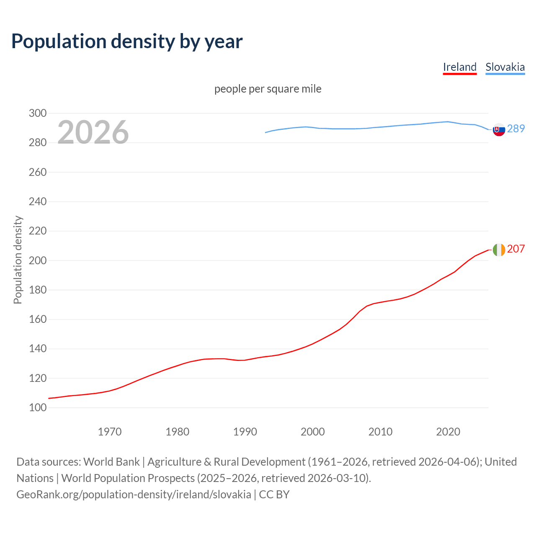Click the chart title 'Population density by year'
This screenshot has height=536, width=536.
[127, 41]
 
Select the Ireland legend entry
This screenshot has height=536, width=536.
[459, 67]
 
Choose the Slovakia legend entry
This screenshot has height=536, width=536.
[505, 67]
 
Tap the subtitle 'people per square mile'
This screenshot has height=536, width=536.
[268, 89]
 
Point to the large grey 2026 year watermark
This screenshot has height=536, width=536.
[93, 132]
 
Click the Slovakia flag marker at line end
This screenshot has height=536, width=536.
[499, 130]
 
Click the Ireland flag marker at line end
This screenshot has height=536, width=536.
[499, 250]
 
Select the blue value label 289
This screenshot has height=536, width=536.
[515, 129]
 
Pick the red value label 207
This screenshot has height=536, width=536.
[515, 249]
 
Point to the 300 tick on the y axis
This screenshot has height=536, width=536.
[38, 113]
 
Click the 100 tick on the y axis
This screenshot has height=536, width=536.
[38, 407]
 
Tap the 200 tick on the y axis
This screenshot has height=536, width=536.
[38, 260]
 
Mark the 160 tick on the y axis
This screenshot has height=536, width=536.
[38, 319]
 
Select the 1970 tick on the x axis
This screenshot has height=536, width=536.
[110, 432]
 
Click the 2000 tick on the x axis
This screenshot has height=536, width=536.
[313, 432]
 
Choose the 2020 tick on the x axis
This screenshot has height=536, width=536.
[448, 432]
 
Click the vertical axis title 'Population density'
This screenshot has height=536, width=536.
[18, 260]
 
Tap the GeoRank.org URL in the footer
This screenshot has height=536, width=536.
[134, 495]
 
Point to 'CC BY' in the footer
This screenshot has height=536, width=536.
[274, 495]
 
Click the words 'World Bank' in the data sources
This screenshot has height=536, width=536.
[111, 462]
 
